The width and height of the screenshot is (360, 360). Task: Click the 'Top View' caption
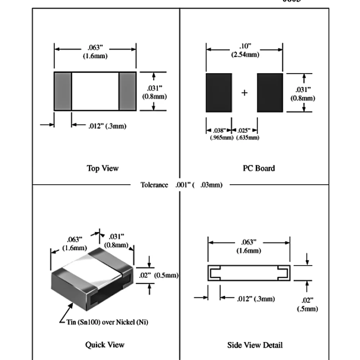click(103, 168)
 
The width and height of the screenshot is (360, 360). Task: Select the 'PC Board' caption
click(259, 168)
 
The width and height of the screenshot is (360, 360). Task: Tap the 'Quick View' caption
click(105, 345)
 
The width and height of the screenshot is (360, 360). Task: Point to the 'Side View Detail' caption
click(255, 345)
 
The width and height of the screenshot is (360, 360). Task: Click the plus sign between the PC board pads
click(244, 93)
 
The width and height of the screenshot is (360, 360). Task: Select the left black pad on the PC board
click(219, 93)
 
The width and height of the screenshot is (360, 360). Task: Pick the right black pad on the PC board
click(270, 93)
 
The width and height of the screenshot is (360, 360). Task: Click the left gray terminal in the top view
click(63, 91)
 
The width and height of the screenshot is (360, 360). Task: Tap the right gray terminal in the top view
click(127, 91)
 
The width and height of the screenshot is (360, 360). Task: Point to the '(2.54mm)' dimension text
click(245, 55)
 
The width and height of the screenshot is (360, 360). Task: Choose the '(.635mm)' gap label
click(247, 138)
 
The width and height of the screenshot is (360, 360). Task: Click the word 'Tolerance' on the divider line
click(154, 185)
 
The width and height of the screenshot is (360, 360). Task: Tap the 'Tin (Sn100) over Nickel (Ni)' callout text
click(107, 322)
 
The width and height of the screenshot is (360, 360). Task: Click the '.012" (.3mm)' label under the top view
click(107, 126)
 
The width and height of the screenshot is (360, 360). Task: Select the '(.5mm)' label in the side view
click(307, 309)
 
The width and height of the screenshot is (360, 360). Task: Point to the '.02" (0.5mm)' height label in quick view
click(158, 275)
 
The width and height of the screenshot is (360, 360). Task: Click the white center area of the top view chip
click(95, 91)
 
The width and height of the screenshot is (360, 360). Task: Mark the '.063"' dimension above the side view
click(249, 242)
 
